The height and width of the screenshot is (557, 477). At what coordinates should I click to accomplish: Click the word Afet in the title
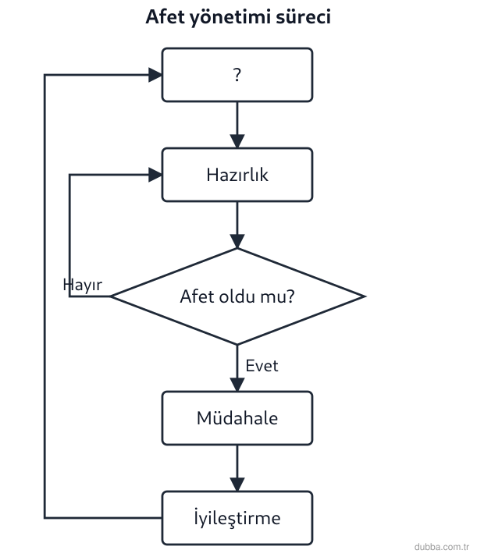[166, 16]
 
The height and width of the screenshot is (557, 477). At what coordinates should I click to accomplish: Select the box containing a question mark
[237, 75]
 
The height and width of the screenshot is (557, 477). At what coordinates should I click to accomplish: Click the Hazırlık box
[237, 175]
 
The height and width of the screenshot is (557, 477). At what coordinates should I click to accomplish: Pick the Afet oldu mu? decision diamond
[237, 296]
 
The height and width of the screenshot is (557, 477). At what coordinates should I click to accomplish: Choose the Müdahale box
[237, 418]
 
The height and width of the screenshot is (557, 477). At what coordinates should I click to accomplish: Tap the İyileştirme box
[237, 518]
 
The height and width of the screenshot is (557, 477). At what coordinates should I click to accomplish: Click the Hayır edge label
[83, 285]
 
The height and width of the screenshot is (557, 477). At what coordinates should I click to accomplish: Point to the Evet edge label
[262, 366]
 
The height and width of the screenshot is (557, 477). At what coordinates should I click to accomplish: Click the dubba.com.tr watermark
[441, 547]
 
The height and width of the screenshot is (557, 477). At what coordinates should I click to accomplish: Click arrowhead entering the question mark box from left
[155, 75]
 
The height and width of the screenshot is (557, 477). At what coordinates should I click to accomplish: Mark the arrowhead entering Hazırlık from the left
[155, 175]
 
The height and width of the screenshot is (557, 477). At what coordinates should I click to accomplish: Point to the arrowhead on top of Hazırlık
[237, 141]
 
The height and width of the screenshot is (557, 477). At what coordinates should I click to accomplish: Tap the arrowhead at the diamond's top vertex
[237, 241]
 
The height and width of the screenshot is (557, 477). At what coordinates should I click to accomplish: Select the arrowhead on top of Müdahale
[237, 385]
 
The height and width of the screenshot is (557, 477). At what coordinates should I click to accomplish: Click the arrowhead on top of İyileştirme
[237, 484]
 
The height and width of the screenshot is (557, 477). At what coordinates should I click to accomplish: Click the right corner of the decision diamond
[365, 296]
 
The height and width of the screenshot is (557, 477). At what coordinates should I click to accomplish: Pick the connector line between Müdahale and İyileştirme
[237, 468]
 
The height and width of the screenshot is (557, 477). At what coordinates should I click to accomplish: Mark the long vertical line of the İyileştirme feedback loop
[44, 296]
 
